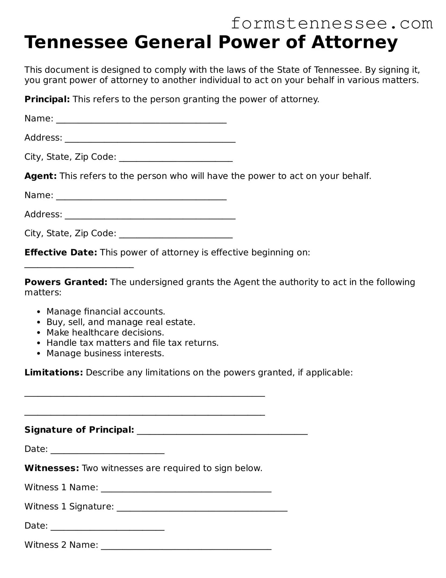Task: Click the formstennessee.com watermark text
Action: tap(332, 24)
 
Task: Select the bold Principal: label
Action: tap(47, 99)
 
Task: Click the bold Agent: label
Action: tap(41, 176)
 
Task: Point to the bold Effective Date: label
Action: tap(61, 252)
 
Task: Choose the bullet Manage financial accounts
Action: tap(106, 312)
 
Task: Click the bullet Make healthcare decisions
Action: tap(105, 333)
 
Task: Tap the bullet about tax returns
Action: tap(132, 343)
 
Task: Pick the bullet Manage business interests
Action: tap(105, 353)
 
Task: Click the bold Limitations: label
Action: tap(54, 373)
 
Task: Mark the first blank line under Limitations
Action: tap(144, 396)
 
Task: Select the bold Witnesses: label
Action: tap(52, 468)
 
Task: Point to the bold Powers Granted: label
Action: tap(66, 282)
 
